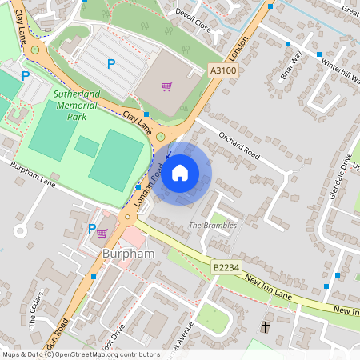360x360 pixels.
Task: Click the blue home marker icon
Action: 180,173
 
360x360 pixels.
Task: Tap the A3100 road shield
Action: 224,71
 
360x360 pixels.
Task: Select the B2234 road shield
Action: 226,266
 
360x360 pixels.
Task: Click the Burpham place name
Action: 128,254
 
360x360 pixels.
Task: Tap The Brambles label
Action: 213,226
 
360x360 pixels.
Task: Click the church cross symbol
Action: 266,326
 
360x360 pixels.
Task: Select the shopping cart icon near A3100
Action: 166,86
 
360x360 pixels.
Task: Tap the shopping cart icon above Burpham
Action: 102,234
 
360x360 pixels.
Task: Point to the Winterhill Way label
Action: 341,72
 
